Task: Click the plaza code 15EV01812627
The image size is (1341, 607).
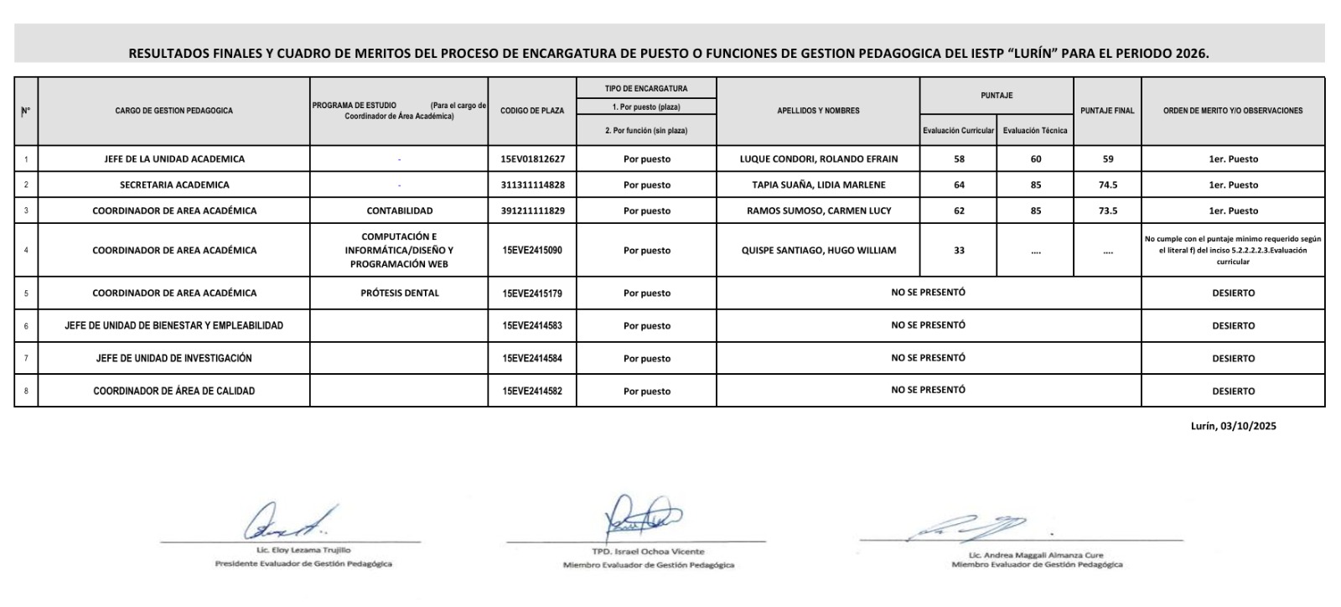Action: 532,159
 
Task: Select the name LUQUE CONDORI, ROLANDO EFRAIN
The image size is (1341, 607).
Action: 818,159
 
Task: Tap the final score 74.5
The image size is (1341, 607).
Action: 1107,185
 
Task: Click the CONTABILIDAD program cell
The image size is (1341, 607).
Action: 399,211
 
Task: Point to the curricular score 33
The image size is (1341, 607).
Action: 959,251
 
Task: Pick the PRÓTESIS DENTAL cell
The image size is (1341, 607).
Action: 399,293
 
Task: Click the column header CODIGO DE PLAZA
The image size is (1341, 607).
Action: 532,111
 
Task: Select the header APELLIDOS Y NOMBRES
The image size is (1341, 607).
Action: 818,111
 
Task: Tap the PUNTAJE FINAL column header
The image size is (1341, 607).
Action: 1107,111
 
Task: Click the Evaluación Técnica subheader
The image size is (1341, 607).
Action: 1035,131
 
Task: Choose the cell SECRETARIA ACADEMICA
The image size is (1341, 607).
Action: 174,185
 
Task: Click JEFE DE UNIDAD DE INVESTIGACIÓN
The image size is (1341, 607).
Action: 174,359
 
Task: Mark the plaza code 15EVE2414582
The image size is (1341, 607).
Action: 532,392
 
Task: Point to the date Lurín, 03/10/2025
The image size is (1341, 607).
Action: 1233,426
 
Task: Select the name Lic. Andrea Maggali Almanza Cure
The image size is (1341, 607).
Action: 1036,555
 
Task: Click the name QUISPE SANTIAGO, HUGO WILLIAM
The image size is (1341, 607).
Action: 818,251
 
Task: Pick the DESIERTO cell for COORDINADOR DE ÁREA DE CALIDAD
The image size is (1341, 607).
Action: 1233,392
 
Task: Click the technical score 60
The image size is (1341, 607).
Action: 1035,159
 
